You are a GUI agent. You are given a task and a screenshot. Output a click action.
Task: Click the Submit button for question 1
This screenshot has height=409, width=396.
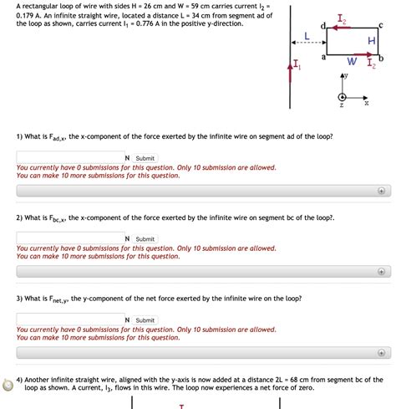[x=145, y=158]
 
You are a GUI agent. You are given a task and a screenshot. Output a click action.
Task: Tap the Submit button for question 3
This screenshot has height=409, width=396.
[x=145, y=320]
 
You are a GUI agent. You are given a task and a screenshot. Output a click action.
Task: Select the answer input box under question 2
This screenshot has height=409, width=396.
[x=69, y=238]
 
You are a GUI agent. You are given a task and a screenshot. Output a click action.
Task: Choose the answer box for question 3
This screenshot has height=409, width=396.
[x=69, y=320]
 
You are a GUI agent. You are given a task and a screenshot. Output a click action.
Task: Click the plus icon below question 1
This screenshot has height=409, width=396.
[x=382, y=190]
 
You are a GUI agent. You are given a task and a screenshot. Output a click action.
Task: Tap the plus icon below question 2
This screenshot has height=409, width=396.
[x=382, y=271]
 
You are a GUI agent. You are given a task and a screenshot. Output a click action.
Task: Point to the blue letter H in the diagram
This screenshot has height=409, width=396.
[x=371, y=42]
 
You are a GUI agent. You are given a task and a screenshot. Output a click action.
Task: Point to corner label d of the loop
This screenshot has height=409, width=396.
[x=324, y=26]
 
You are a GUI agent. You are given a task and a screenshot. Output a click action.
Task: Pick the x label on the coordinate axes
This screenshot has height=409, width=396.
[x=366, y=104]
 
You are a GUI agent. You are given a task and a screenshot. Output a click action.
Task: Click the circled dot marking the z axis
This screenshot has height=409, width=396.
[x=342, y=96]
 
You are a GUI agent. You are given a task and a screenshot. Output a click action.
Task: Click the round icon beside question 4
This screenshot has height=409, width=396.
[x=8, y=386]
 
